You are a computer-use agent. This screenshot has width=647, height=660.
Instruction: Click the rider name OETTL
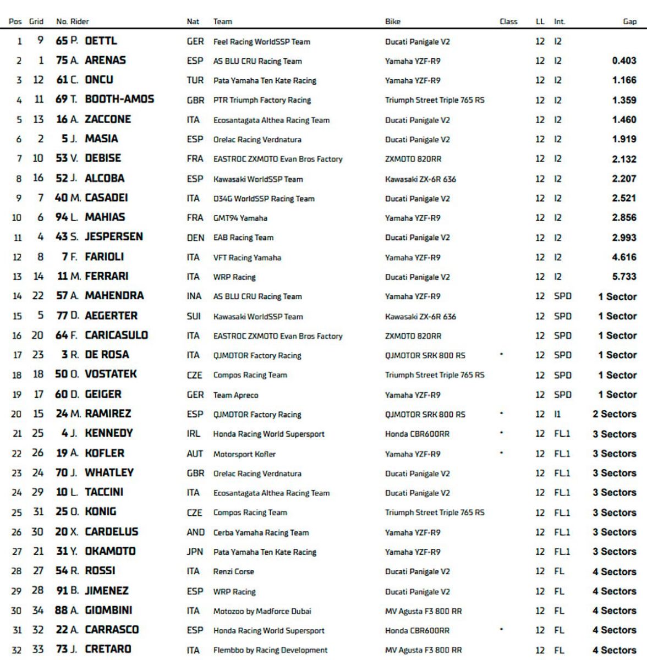pos(101,41)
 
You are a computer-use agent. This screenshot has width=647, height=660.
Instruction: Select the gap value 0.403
pos(624,61)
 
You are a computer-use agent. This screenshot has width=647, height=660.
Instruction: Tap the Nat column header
pos(193,21)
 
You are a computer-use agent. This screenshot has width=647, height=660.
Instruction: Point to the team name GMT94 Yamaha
pos(240,218)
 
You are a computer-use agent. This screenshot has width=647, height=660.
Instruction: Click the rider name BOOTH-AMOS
pos(119,100)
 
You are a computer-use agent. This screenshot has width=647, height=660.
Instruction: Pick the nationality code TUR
pos(195,80)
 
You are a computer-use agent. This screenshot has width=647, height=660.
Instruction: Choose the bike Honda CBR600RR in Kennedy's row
pos(417,434)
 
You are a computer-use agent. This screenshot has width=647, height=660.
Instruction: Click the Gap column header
pos(629,21)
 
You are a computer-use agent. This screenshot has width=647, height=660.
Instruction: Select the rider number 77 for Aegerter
pos(62,316)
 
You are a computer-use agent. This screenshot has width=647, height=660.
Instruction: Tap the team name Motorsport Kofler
pos(244,454)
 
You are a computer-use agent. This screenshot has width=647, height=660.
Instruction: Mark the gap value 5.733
pos(624,277)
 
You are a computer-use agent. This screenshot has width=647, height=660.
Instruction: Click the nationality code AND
pos(195,532)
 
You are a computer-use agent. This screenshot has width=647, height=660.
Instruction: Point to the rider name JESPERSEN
pos(114,237)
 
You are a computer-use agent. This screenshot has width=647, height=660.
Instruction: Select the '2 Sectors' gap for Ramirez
pos(614,414)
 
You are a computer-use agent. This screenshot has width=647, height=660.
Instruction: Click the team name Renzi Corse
pos(234,571)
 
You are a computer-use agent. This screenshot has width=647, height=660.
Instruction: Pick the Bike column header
pos(393,21)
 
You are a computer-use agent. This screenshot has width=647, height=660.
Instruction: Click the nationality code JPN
pos(195,552)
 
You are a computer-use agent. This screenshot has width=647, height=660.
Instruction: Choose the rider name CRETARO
pos(108,650)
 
